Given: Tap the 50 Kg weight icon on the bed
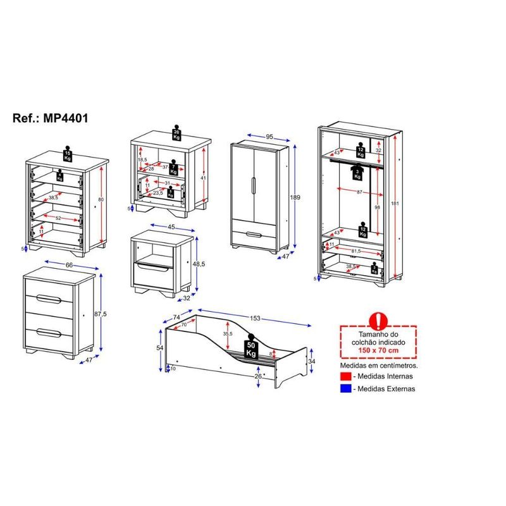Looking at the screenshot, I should click(251, 347).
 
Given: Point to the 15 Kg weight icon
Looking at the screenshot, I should click(68, 155).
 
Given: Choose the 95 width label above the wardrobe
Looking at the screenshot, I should click(269, 137).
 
